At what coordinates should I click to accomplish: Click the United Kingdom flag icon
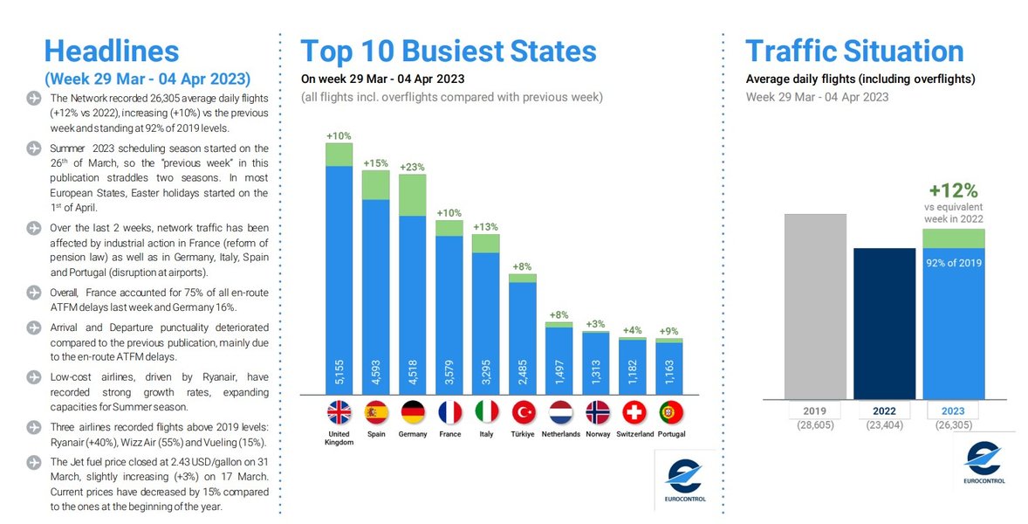click(339, 411)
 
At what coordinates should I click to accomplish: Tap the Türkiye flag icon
click(522, 411)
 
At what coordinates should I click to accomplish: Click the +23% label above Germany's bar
click(412, 167)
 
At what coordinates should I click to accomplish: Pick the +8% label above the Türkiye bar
click(522, 266)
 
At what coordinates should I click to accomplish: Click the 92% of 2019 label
click(954, 262)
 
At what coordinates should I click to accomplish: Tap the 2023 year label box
click(954, 411)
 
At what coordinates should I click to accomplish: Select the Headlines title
click(111, 50)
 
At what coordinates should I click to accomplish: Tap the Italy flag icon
click(485, 411)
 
